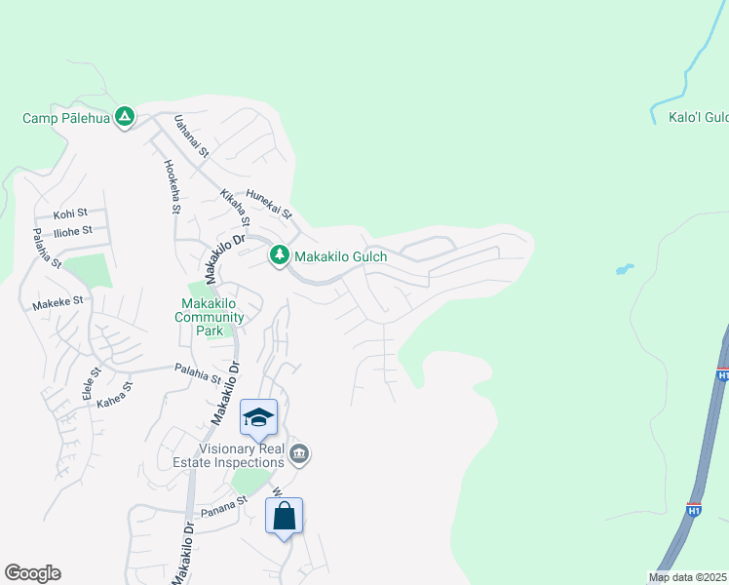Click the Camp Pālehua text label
pos(66,118)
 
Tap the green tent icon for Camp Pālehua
pos(125,117)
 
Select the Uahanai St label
pos(191,136)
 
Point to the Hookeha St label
pos(172,186)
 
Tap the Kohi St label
pos(70,213)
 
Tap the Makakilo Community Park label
pos(210,317)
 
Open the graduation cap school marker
pos(258,417)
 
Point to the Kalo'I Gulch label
pos(698,116)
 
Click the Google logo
pos(32,573)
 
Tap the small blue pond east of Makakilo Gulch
pos(624,268)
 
